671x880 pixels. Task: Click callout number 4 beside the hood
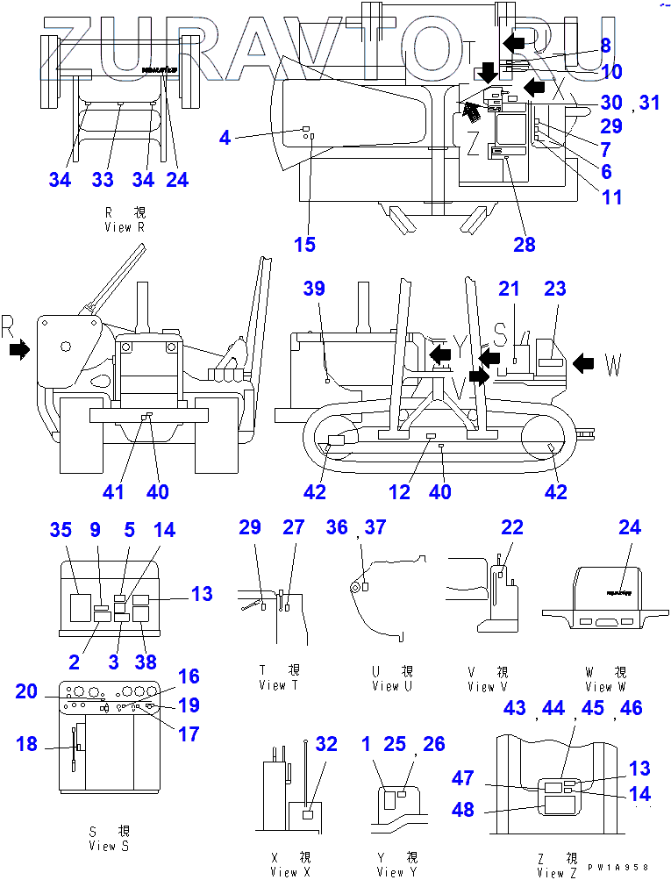(225, 137)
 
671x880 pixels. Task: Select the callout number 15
(304, 245)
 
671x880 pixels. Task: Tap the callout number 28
(525, 245)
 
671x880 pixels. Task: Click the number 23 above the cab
(556, 289)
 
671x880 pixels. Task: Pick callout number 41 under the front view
(113, 492)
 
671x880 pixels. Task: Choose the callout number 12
(400, 492)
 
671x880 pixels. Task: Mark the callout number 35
(60, 530)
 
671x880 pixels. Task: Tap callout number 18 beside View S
(27, 744)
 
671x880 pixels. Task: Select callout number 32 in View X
(326, 744)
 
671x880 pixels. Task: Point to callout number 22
(512, 527)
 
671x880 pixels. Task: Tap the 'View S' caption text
(109, 846)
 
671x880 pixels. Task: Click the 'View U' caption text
(388, 686)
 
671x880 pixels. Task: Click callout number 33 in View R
(103, 180)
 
